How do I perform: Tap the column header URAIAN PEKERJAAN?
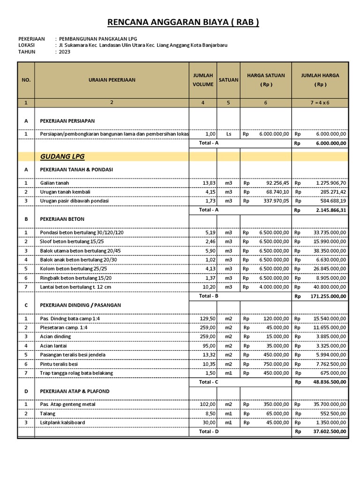[112, 80]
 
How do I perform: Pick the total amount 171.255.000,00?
[328, 297]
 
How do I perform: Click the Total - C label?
[209, 382]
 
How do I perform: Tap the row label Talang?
[47, 414]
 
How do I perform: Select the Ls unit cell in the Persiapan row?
[228, 134]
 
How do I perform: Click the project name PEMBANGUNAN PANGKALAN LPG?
[98, 38]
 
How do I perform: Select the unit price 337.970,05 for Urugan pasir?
[272, 201]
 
